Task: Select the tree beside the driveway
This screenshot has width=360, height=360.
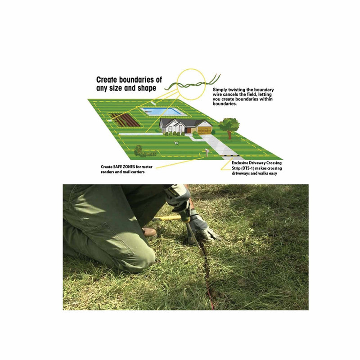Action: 229,125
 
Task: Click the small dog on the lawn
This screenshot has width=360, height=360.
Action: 176,144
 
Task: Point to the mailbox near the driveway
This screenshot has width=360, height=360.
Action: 207,153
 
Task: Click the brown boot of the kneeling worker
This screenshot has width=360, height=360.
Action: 149,233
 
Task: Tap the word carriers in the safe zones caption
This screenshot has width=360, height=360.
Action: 135,171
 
